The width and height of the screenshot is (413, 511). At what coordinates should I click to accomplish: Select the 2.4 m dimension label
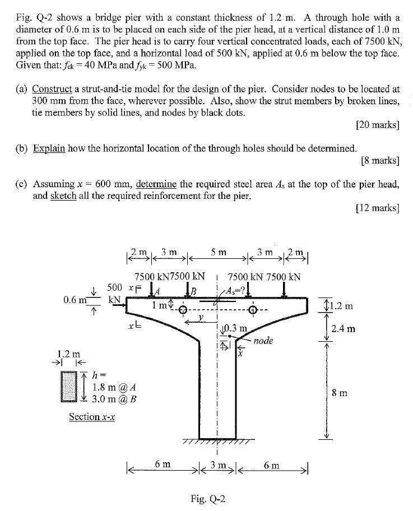click(342, 329)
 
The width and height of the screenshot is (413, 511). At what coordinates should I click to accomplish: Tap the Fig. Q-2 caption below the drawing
click(208, 499)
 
